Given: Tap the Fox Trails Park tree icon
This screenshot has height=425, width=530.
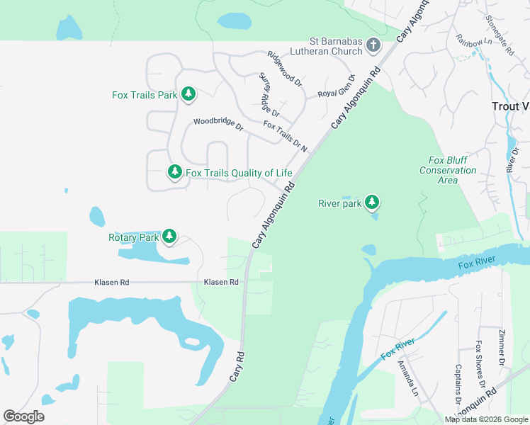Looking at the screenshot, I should click(188, 93).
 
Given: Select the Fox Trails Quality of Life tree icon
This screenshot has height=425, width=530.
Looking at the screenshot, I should click(175, 172).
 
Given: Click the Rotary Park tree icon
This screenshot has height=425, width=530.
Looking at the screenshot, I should click(169, 237).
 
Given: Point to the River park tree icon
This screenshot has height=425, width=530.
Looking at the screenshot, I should click(371, 203).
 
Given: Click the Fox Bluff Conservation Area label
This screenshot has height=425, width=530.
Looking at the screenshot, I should click(448, 171).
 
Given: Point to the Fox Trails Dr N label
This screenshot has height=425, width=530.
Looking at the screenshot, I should click(286, 136).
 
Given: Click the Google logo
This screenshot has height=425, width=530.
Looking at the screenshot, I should click(23, 416).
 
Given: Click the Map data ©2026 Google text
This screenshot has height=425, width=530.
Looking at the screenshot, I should click(485, 419).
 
